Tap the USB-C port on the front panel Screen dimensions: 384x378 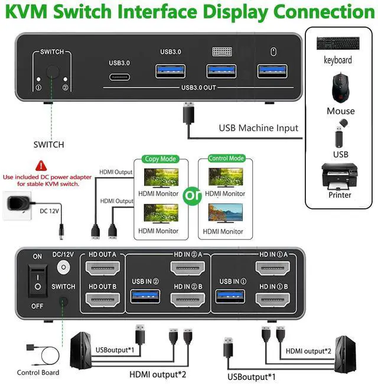pyautogui.click(x=119, y=76)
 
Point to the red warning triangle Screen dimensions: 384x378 pyautogui.click(x=41, y=165)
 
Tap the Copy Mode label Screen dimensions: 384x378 pyautogui.click(x=161, y=159)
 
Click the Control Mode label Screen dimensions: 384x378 pyautogui.click(x=227, y=159)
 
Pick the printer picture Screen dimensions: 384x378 pyautogui.click(x=339, y=176)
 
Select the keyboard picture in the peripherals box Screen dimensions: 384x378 pyautogui.click(x=338, y=43)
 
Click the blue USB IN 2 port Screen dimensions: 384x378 pyautogui.click(x=146, y=295)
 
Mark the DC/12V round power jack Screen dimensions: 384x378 pyautogui.click(x=63, y=267)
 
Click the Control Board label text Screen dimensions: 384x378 pyautogui.click(x=38, y=372)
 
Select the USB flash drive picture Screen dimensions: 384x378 pyautogui.click(x=341, y=133)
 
